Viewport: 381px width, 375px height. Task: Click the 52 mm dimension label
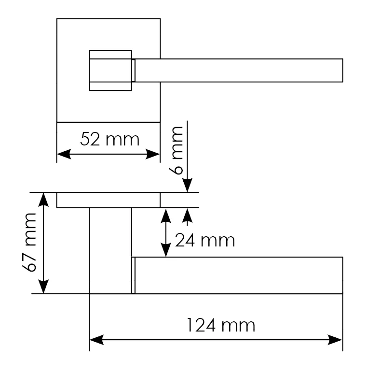click(109, 140)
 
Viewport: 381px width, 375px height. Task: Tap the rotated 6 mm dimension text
click(177, 150)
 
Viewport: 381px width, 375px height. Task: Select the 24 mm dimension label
click(205, 240)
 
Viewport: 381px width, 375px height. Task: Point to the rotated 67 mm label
click(30, 242)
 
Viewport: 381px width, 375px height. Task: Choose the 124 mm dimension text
click(221, 325)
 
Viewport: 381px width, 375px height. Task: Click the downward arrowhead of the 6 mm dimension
click(188, 186)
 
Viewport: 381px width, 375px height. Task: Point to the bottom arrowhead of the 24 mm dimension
click(166, 251)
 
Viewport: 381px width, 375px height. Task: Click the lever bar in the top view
click(239, 70)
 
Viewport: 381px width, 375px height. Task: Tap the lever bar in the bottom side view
click(239, 275)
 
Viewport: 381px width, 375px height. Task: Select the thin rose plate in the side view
click(108, 200)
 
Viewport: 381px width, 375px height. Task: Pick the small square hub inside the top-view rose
click(110, 70)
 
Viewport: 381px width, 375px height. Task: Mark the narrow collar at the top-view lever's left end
click(134, 70)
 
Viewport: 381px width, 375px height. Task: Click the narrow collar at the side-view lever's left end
click(133, 275)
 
